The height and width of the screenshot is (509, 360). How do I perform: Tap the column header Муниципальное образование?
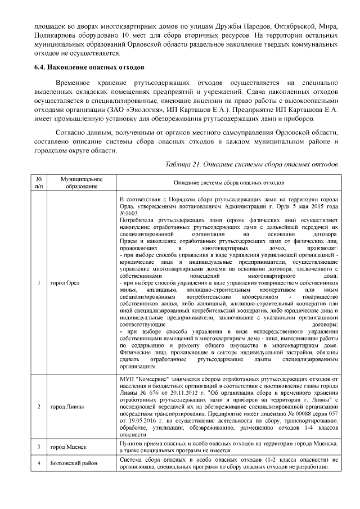73,183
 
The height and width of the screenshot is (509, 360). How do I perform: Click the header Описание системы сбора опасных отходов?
228,183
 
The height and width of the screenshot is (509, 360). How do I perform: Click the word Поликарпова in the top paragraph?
52,35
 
